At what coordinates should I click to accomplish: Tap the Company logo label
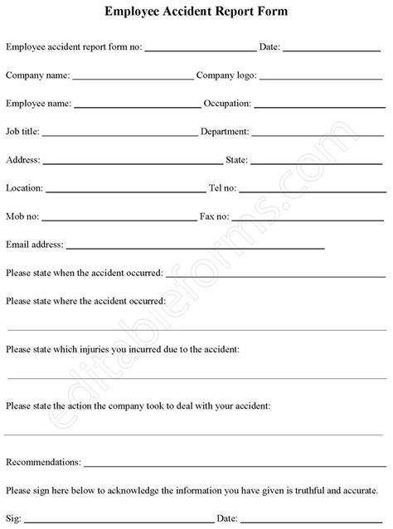(x=227, y=75)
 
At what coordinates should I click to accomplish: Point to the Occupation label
(x=230, y=104)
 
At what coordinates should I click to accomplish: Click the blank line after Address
(x=133, y=163)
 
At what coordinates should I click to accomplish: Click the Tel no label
(x=225, y=188)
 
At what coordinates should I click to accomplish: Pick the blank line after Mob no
(x=115, y=219)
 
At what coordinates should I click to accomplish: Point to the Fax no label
(x=214, y=216)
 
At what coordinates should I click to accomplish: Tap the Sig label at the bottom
(x=12, y=517)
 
